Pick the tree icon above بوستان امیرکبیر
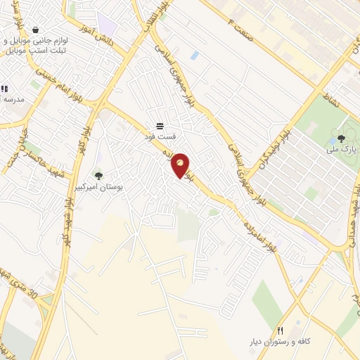point(98,176)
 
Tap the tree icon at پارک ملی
point(342,139)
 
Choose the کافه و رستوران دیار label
point(280,342)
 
